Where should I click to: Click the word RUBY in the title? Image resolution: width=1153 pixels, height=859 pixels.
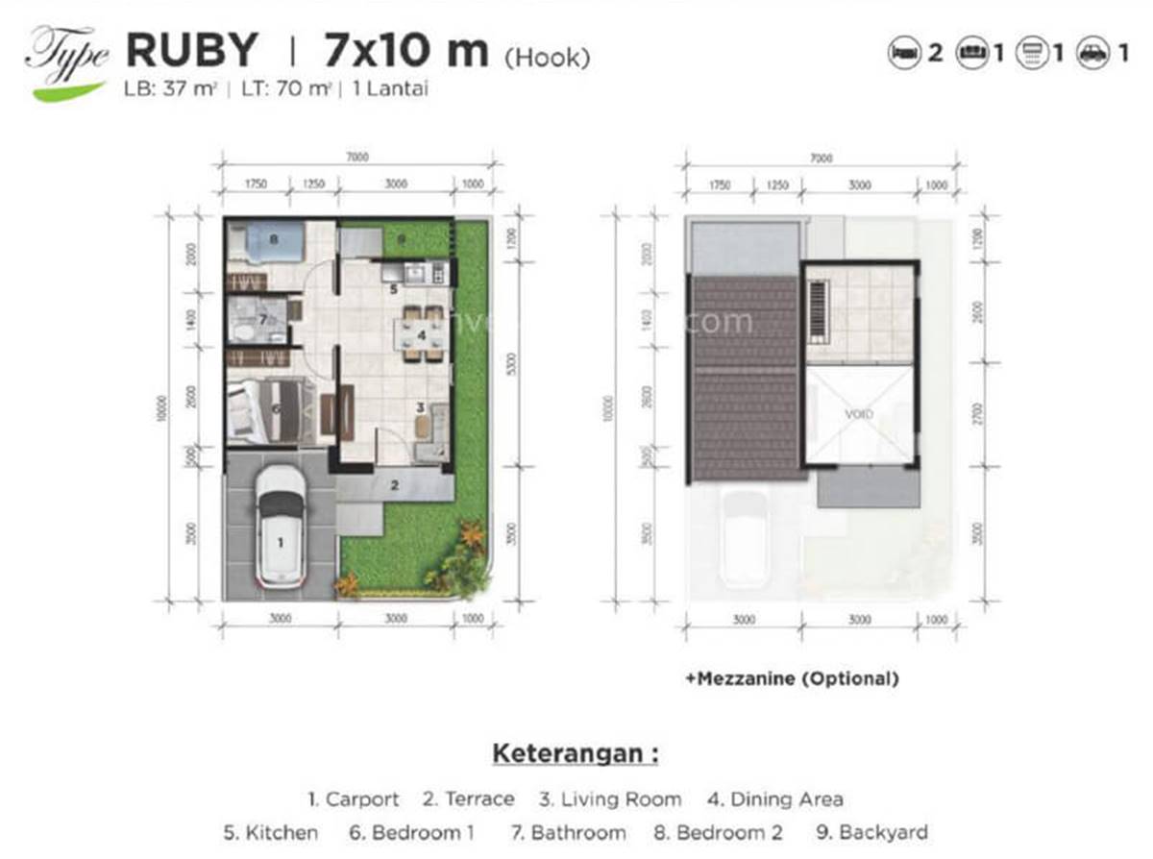(x=192, y=50)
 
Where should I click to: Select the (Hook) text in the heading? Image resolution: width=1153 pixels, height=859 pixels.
(x=547, y=58)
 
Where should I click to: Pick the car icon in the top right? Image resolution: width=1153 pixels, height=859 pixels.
(x=1092, y=54)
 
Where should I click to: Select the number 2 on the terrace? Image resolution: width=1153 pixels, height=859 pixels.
(x=394, y=485)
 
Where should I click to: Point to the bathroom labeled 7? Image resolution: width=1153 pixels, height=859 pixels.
(x=258, y=319)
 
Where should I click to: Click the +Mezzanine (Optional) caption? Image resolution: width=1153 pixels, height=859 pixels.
(x=792, y=678)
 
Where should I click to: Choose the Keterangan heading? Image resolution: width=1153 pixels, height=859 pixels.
(x=576, y=752)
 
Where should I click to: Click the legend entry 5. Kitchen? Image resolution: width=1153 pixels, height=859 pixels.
(x=274, y=832)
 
